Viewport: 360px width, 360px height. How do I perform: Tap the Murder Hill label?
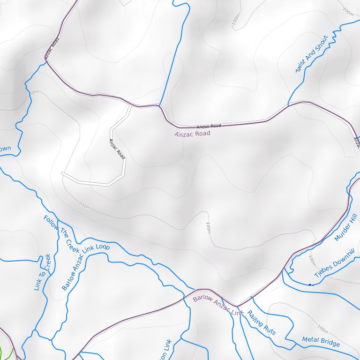pos(346,227)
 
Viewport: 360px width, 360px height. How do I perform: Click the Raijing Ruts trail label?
pos(262,322)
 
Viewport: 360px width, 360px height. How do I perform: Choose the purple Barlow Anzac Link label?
pos(218,305)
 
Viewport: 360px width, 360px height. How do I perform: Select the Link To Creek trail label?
pos(42,272)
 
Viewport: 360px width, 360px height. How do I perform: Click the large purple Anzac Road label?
pos(192,134)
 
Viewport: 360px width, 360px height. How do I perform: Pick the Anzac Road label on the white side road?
pos(117,148)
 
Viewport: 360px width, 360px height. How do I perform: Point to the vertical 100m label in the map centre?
pos(208,228)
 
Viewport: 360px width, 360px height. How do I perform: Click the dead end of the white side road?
pos(62,173)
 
